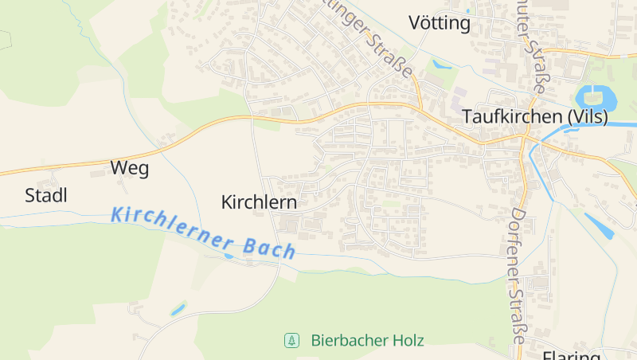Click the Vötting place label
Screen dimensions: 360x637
pos(439,23)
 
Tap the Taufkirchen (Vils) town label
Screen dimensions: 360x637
pos(535,117)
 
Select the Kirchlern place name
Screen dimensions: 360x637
pos(259,202)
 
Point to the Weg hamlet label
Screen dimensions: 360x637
pos(130,168)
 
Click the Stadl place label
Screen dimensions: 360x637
pos(46,195)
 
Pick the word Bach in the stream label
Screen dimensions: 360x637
pos(268,248)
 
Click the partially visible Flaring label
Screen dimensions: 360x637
pos(571,355)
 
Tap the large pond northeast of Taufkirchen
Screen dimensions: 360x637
pos(596,99)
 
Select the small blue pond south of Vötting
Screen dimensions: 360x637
pos(440,65)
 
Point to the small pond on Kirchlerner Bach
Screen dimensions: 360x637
pos(229,256)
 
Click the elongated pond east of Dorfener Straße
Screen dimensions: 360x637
pos(600,225)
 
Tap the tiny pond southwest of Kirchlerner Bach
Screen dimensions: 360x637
pos(178,308)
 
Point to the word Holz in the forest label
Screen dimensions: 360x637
pos(408,341)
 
